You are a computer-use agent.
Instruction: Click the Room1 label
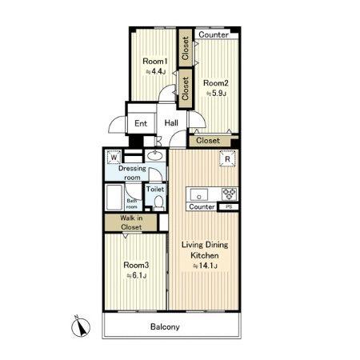[155, 62]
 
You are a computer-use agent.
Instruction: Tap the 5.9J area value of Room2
[216, 94]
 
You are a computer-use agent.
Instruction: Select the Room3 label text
[136, 265]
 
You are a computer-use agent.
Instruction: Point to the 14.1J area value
[205, 266]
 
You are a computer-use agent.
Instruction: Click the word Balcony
[165, 326]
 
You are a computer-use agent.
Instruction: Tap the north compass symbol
[81, 326]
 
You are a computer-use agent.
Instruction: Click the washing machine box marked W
[114, 157]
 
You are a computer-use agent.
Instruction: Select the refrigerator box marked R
[227, 159]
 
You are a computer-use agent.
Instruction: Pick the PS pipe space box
[229, 206]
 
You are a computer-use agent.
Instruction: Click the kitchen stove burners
[229, 194]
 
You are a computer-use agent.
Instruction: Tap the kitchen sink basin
[199, 194]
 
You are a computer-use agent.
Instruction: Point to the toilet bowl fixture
[159, 202]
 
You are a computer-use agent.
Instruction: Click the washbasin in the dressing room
[155, 155]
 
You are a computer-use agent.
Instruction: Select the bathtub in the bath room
[114, 197]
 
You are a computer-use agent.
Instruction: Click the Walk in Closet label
[131, 222]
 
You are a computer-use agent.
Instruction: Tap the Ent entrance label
[141, 123]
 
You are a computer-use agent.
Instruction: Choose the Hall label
[171, 123]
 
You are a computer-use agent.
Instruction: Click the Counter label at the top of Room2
[214, 34]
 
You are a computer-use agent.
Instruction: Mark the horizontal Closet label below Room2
[208, 141]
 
